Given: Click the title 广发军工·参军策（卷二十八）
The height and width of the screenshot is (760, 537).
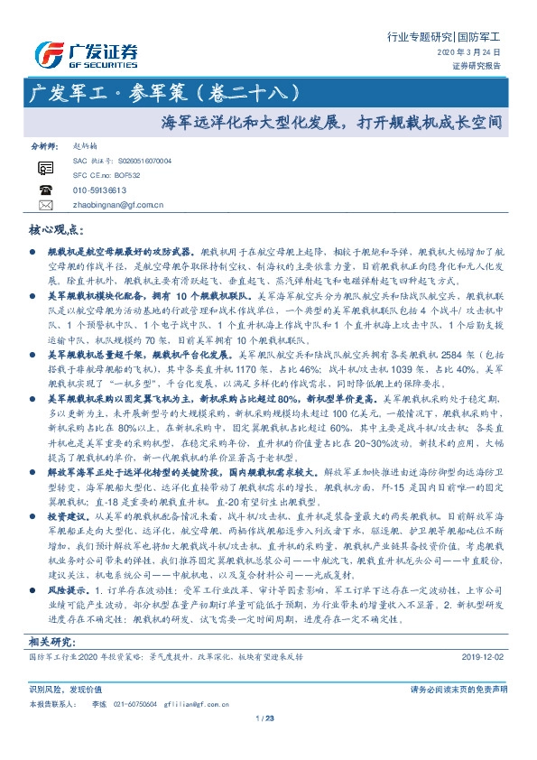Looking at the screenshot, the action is tap(171, 93).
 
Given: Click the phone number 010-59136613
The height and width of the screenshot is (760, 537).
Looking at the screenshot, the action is tap(98, 190).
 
